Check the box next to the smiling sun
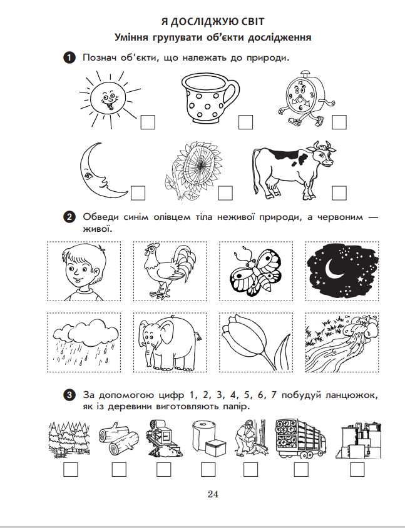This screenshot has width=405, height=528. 148,122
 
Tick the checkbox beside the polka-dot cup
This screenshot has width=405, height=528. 245,122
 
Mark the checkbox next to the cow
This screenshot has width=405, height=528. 339,193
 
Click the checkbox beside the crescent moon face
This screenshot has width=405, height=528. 138,193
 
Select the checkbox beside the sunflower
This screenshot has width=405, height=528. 225,193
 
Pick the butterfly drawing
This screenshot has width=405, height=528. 255,271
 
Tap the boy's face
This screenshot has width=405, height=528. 83,271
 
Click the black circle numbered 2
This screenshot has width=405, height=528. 69,217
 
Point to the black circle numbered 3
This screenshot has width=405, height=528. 69,395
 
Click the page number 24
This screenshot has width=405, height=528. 213,494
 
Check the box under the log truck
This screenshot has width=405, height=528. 301,469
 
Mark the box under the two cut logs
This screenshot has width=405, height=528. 119,469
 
